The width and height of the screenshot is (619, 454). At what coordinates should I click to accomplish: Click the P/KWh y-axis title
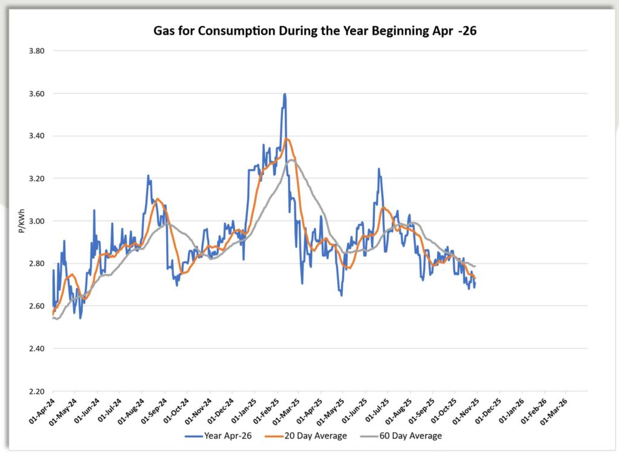(22, 221)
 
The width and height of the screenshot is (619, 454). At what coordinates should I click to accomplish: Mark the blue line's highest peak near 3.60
(284, 94)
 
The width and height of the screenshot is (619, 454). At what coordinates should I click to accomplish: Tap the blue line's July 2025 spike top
(378, 169)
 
